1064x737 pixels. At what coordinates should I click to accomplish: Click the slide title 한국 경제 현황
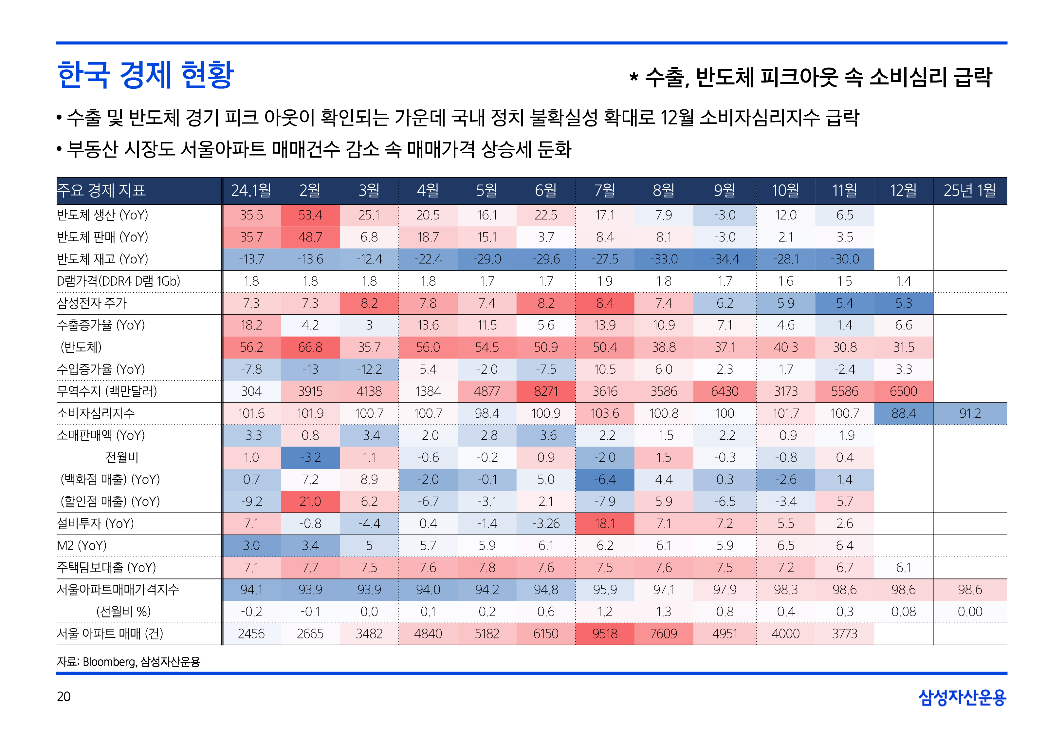pos(145,75)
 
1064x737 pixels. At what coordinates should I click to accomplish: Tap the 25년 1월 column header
pos(969,190)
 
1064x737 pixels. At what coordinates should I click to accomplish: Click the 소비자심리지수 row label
pos(96,413)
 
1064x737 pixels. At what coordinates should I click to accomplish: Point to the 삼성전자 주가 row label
pos(91,303)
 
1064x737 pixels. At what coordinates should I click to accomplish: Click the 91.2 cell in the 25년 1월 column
pos(969,413)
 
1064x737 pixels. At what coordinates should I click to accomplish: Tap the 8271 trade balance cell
pos(545,391)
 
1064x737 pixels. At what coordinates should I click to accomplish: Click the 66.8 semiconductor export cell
pos(310,347)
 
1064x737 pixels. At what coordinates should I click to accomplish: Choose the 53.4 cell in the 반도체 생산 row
pos(310,215)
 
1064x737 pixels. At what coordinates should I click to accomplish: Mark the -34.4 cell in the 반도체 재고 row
pos(725,259)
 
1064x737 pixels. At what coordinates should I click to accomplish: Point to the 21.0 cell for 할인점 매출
pos(310,501)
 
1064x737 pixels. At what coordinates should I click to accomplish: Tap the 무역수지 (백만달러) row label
pos(107,391)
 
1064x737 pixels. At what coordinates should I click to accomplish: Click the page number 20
pos(64,696)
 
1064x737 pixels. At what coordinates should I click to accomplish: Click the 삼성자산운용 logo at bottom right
pos(962,697)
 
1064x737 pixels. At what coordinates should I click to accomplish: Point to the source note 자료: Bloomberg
pos(128,662)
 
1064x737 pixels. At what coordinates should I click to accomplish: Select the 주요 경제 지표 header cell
pos(101,190)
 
